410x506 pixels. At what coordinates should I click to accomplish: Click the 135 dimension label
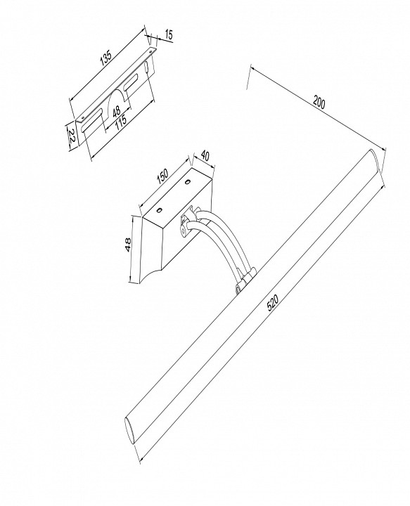[x=105, y=58]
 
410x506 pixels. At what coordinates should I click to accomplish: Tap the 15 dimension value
[x=169, y=35]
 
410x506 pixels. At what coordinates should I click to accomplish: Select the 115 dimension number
[x=121, y=122]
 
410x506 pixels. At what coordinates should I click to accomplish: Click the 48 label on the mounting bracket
[x=117, y=111]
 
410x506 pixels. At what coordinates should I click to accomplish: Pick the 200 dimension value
[x=319, y=103]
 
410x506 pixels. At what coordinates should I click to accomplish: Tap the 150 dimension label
[x=162, y=176]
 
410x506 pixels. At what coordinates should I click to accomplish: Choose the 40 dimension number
[x=205, y=156]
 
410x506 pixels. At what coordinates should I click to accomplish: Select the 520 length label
[x=272, y=303]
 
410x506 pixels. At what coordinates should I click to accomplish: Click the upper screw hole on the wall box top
[x=187, y=183]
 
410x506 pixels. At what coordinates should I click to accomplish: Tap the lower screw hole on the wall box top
[x=159, y=210]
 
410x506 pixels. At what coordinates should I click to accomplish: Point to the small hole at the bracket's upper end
[x=150, y=51]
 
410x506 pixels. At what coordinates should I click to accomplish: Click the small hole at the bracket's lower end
[x=83, y=117]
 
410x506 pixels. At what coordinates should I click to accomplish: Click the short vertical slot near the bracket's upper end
[x=147, y=67]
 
